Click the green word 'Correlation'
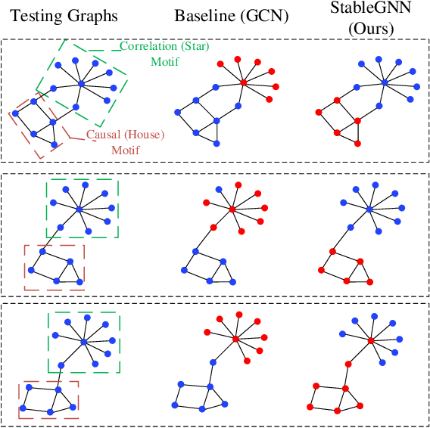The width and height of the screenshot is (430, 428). [148, 46]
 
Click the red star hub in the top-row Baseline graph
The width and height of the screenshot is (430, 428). [243, 82]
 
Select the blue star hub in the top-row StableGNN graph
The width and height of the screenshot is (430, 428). [385, 82]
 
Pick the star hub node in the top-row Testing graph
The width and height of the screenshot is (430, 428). [80, 84]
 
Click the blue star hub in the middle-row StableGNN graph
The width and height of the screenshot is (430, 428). [369, 209]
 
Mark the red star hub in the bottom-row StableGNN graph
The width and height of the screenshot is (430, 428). [371, 341]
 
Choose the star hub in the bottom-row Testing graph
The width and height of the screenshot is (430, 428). [83, 343]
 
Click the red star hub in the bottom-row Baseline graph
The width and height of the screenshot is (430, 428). [235, 338]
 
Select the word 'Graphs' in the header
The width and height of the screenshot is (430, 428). [95, 15]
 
